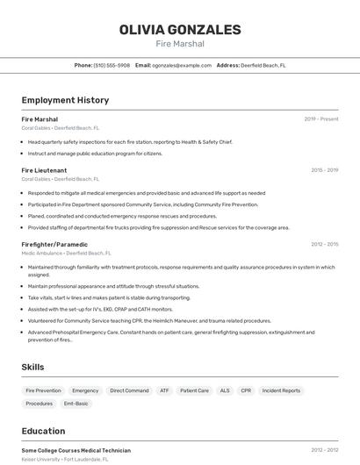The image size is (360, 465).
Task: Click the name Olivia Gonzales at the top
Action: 180,30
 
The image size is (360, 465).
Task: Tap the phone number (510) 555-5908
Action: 112,65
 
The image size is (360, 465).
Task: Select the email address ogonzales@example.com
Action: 182,65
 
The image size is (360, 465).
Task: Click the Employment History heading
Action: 65,100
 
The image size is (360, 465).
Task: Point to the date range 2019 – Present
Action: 321,119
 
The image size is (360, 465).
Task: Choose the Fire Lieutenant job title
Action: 44,170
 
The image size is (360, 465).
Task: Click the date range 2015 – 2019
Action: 324,170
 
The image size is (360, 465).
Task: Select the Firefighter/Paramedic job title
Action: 54,244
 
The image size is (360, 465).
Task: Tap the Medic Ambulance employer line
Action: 66,253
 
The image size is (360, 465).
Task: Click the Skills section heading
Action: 33,367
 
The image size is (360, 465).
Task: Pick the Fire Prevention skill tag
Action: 43,390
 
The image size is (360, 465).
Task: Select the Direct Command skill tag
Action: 129,390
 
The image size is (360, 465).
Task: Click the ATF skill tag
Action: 164,390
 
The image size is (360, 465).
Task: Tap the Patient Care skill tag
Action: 194,390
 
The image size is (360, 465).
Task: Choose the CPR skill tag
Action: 246,390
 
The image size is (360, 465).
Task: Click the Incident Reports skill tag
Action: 281,390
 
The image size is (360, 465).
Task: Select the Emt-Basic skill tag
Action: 76,404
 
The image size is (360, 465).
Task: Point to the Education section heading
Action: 43,431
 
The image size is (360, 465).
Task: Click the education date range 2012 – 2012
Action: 324,450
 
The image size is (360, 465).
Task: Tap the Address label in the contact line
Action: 228,65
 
